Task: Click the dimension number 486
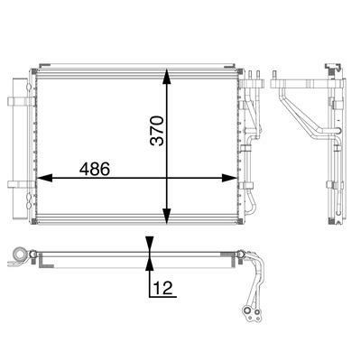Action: (x=95, y=169)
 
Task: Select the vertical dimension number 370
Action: (x=158, y=131)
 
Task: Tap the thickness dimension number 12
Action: (x=163, y=288)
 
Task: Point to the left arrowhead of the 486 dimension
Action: (x=44, y=178)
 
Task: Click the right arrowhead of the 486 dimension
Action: (x=229, y=178)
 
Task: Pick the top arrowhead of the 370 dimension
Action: (x=167, y=77)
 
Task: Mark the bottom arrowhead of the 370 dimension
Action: (x=167, y=216)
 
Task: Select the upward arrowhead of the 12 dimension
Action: (x=150, y=265)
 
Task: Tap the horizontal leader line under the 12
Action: (x=163, y=297)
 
